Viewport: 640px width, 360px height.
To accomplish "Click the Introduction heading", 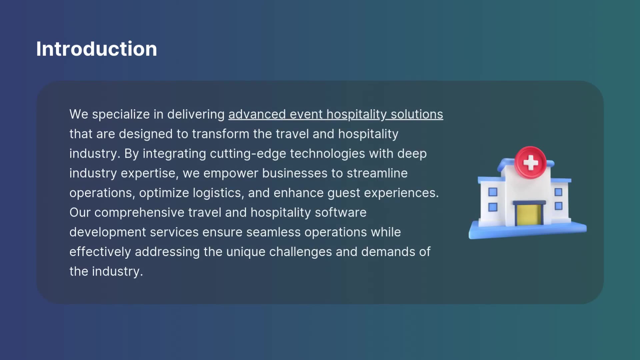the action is pyautogui.click(x=96, y=49).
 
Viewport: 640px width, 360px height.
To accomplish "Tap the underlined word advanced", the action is pyautogui.click(x=257, y=114).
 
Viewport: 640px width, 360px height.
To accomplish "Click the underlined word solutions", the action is pyautogui.click(x=417, y=114).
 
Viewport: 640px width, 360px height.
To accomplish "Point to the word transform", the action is pyautogui.click(x=221, y=134).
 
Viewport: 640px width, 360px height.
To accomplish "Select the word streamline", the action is pyautogui.click(x=377, y=173).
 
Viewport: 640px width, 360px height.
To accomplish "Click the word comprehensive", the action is pyautogui.click(x=139, y=213).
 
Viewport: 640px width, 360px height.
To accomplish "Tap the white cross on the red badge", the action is pyautogui.click(x=530, y=163).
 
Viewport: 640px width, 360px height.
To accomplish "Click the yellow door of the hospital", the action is pyautogui.click(x=529, y=215).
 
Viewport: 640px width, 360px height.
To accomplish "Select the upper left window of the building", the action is pyautogui.click(x=493, y=192).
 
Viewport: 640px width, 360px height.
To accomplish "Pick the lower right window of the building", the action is pyautogui.click(x=559, y=206).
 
